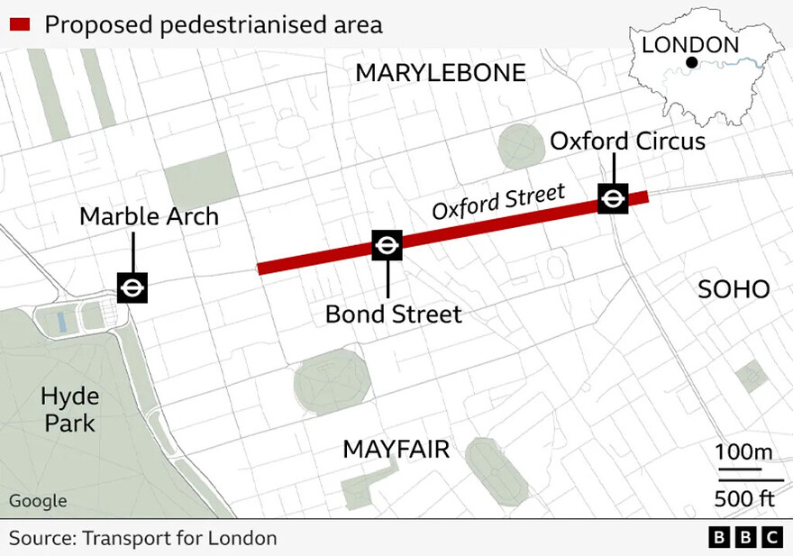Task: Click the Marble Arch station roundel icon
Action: coord(132,287)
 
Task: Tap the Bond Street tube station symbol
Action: coord(387,245)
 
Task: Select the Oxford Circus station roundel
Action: coord(614,198)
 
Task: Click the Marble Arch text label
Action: coord(149,216)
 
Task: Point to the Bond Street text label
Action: coord(393,314)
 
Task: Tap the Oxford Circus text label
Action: coord(627,141)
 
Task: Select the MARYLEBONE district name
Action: coord(441,73)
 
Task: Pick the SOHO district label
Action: coord(734,289)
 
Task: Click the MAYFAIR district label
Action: coord(396,449)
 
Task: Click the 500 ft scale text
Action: coord(743,498)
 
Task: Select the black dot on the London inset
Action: coord(691,62)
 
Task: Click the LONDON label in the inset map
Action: coord(690,44)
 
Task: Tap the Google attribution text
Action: coord(38,501)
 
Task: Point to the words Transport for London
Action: coord(179,538)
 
